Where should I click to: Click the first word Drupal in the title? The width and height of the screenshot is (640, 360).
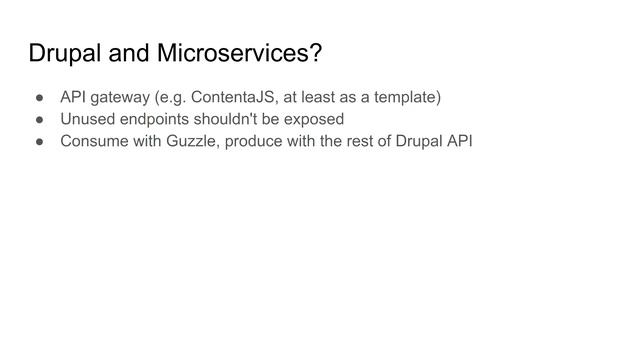[x=65, y=53]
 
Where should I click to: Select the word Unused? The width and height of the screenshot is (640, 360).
[x=86, y=119]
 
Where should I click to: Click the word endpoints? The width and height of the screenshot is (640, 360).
[x=156, y=119]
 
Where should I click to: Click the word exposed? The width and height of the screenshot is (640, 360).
[x=314, y=119]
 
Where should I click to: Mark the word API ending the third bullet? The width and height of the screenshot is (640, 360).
[x=458, y=141]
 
